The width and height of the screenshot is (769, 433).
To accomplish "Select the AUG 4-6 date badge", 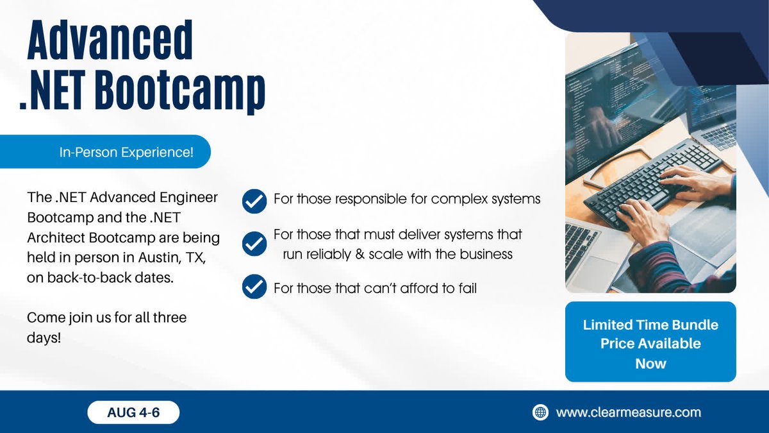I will (x=133, y=412).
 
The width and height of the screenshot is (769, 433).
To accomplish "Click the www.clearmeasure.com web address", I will (x=628, y=412).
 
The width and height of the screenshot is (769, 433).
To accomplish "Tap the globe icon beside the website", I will (x=541, y=412).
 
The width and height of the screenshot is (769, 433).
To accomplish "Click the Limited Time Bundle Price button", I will (x=650, y=343).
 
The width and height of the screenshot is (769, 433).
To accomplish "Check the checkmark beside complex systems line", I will (x=254, y=200).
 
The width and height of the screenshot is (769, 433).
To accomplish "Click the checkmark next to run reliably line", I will (x=254, y=244).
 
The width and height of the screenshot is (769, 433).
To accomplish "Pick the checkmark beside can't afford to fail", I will (x=254, y=287).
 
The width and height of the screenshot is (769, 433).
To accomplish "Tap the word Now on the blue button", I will (x=650, y=364).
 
